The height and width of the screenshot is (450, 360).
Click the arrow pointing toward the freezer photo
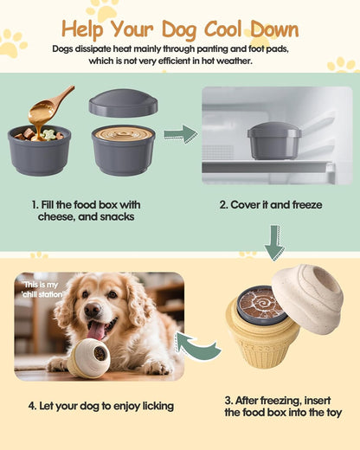tap(180, 134)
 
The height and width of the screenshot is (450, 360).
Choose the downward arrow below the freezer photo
tap(274, 243)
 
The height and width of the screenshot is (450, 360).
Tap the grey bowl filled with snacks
tap(39, 149)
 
